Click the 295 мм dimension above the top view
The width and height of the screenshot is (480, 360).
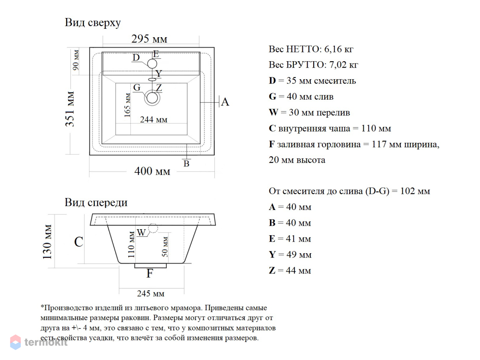[149, 39]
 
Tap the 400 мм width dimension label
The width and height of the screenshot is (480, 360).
[152, 171]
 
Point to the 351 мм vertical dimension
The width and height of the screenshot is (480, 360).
[70, 109]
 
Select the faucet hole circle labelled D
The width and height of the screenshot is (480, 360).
[152, 64]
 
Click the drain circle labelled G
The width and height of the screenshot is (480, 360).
[152, 98]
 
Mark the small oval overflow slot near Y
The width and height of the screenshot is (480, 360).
[152, 80]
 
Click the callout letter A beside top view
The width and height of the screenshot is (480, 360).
[225, 102]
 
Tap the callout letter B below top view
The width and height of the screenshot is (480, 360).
[186, 164]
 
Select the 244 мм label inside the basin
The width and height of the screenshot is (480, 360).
[154, 120]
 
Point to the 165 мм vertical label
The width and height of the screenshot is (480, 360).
[127, 105]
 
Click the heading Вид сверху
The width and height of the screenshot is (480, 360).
[92, 23]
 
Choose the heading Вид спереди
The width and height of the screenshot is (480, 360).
[96, 203]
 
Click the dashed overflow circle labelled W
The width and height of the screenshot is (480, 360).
[153, 228]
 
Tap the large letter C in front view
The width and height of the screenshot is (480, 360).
[78, 242]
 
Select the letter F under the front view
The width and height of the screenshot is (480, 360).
[150, 273]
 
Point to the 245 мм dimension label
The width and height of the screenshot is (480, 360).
[151, 294]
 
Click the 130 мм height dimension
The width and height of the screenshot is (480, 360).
[47, 242]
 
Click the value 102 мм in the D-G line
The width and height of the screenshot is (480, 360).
[415, 191]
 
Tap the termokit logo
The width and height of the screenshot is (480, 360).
[39, 342]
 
